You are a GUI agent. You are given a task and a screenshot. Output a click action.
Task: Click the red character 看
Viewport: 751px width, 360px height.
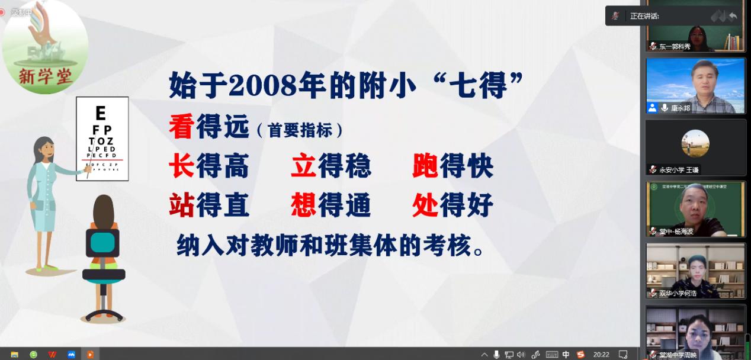point(182,127)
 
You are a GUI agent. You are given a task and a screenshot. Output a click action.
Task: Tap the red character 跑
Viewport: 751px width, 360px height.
point(425,167)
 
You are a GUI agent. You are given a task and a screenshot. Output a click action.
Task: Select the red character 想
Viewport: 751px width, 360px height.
point(303,205)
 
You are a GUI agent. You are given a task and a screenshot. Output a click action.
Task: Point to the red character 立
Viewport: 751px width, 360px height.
point(303,167)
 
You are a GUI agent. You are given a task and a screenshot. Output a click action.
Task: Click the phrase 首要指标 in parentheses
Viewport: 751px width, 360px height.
point(300,130)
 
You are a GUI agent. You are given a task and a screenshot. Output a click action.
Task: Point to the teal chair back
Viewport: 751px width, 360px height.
point(103,243)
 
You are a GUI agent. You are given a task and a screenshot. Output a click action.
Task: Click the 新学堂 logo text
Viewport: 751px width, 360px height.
point(44,76)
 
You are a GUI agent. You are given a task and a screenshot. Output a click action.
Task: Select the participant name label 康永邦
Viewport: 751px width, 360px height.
point(681,108)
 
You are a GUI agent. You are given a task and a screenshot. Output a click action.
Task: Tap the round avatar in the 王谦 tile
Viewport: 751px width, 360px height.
point(695,143)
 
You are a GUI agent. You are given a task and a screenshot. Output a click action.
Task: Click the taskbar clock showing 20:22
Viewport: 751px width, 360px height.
point(601,354)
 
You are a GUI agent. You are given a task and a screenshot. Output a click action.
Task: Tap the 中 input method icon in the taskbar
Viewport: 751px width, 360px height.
point(566,354)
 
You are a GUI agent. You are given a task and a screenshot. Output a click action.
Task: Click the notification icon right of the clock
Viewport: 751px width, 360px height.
point(622,354)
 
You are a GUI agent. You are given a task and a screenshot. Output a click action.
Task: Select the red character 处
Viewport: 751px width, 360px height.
point(425,205)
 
